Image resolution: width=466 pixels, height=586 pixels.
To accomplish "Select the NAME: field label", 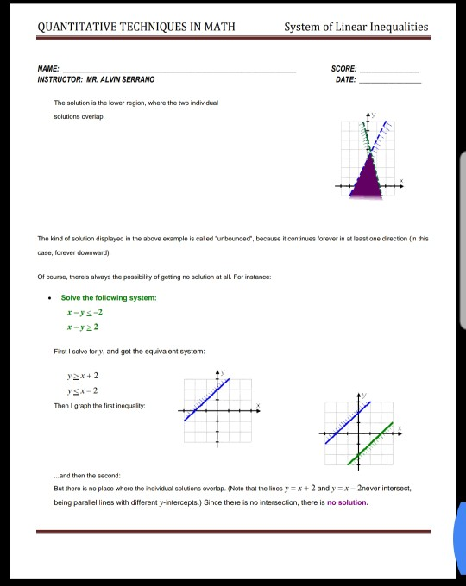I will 48,67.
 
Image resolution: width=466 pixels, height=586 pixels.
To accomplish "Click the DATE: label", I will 345,78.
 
